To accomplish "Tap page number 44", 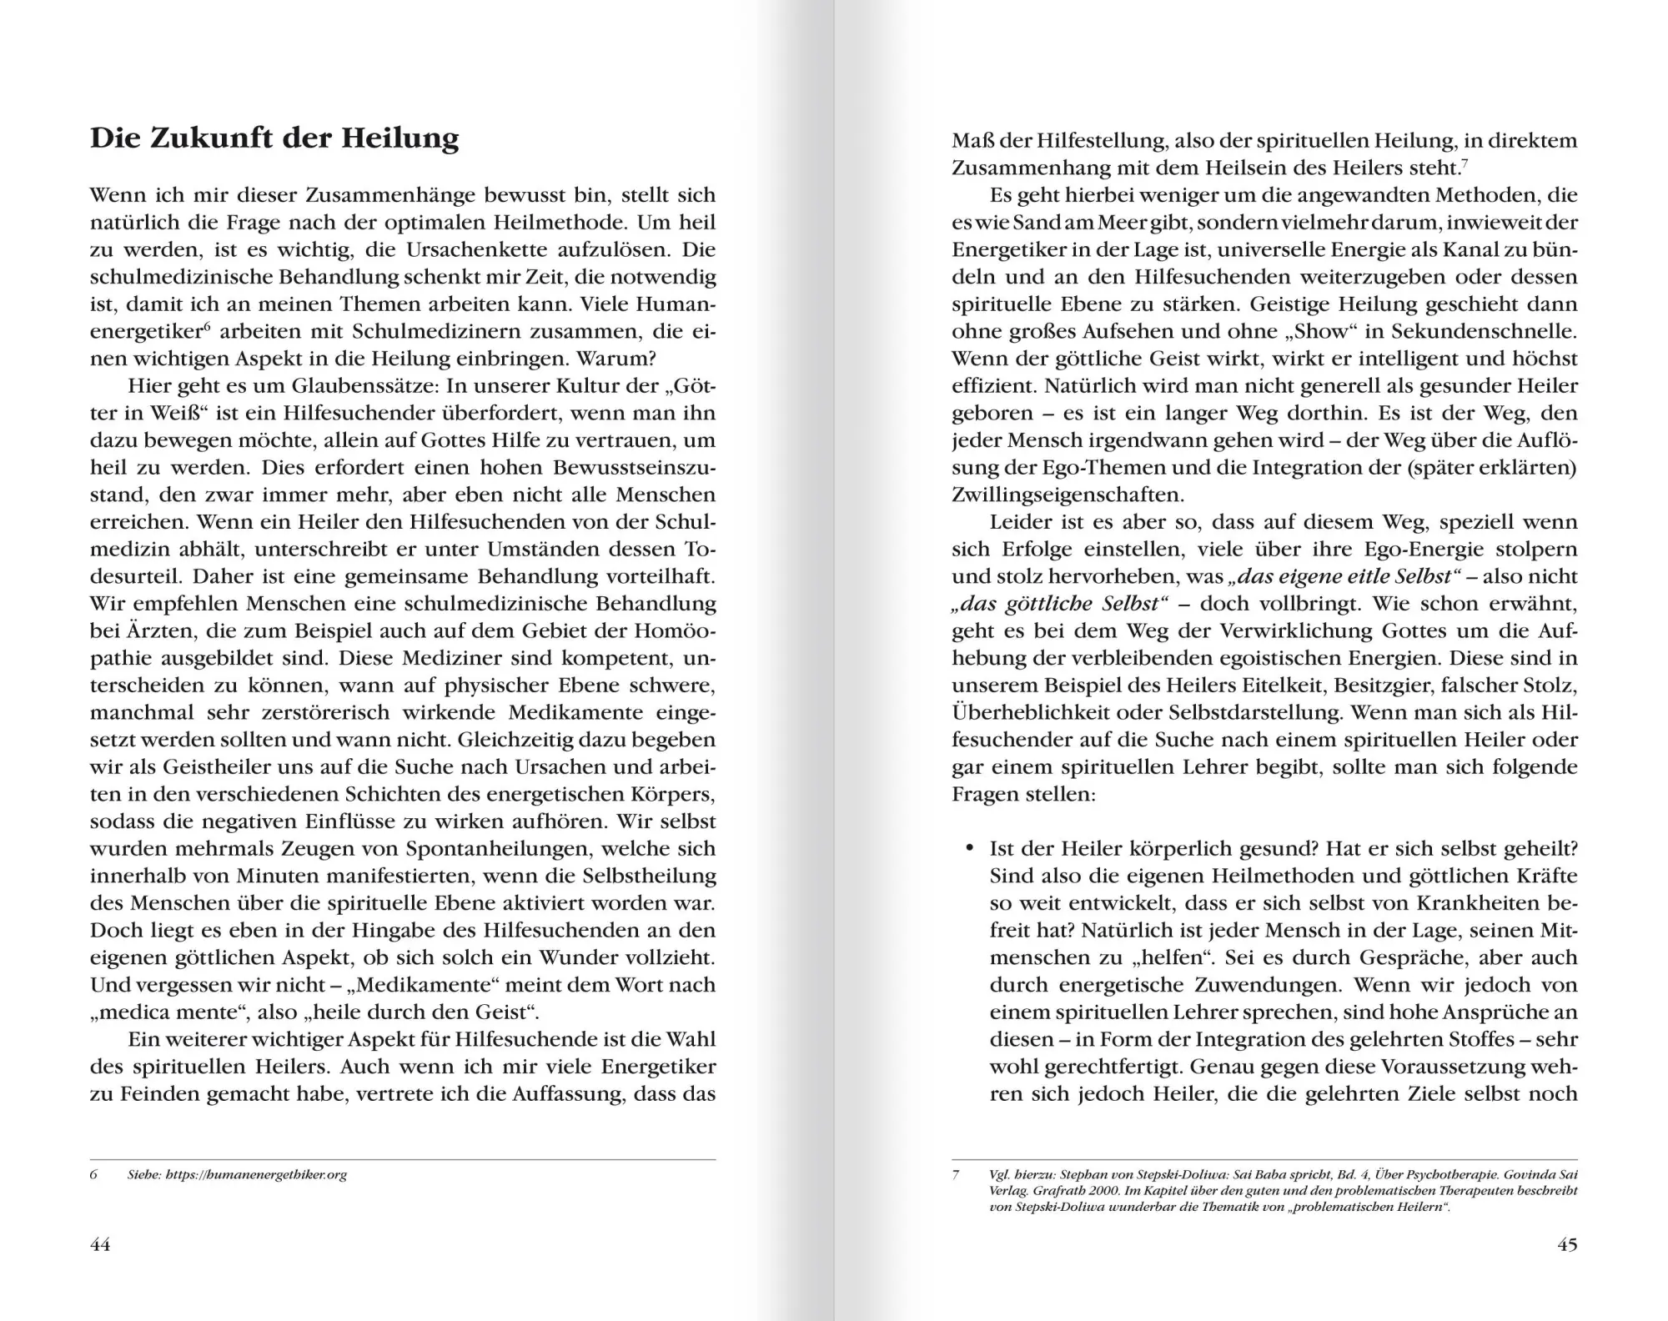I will pyautogui.click(x=100, y=1245).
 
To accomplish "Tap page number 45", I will pyautogui.click(x=1567, y=1245).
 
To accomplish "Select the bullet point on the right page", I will pyautogui.click(x=969, y=849).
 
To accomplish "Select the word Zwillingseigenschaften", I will pyautogui.click(x=1068, y=495).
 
